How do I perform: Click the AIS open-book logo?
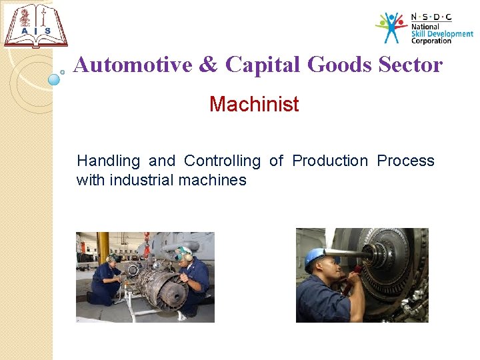click(35, 26)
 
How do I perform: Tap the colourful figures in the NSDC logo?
click(391, 27)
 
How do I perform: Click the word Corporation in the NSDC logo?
click(431, 41)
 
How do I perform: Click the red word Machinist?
click(254, 105)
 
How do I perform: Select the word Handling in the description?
click(108, 161)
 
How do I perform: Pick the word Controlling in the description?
click(222, 161)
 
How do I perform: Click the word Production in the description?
click(330, 161)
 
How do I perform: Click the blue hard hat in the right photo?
click(314, 256)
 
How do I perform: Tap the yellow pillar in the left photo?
click(103, 247)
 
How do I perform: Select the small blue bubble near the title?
click(55, 79)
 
